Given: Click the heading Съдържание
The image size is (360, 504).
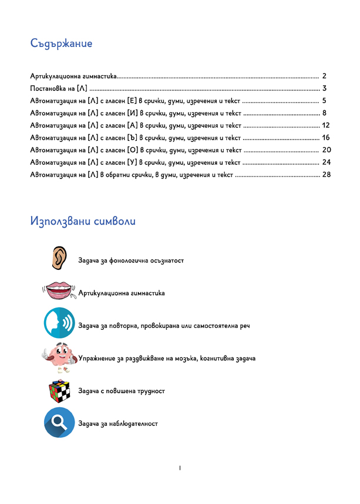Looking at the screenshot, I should coord(62,44).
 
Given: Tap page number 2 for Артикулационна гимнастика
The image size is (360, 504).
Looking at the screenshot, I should coord(324,76).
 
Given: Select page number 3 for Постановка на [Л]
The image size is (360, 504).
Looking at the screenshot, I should coord(324,89).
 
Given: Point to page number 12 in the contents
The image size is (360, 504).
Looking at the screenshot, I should coord(327,126).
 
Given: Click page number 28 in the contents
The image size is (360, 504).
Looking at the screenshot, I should coord(327,175).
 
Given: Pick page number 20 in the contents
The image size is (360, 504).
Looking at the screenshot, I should coord(327,150).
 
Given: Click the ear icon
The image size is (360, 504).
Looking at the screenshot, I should coord(59,259).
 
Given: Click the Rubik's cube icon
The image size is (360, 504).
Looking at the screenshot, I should coord(59,391).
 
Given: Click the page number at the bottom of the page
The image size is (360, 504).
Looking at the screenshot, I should coord(179,468).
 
